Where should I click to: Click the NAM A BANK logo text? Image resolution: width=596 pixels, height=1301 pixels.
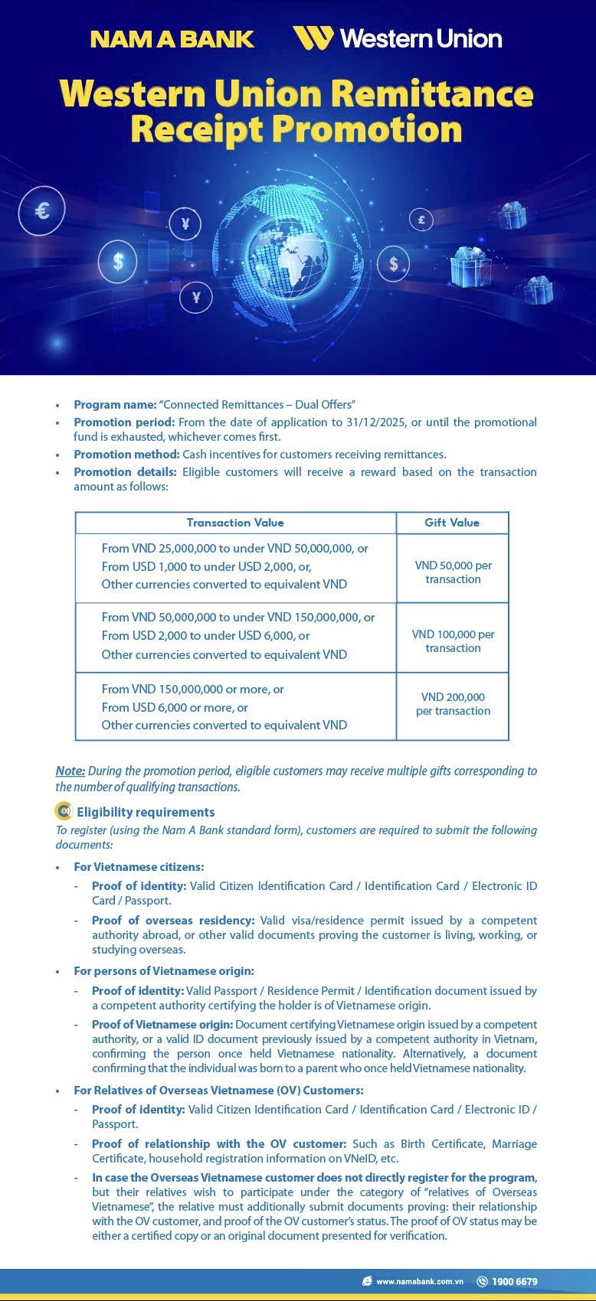pos(172,39)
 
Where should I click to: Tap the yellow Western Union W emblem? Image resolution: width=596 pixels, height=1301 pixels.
pos(313,37)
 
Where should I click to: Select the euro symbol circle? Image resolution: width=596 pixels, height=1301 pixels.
pos(43,209)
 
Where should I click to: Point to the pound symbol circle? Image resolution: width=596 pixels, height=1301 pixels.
pos(421,220)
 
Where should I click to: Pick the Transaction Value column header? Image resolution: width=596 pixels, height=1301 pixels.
pos(235,523)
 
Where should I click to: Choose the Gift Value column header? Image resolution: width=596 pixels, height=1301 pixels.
pos(452,523)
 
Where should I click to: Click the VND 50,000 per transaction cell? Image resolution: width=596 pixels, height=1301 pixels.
pos(453,572)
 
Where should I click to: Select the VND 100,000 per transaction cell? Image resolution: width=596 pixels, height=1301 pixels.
pos(453,641)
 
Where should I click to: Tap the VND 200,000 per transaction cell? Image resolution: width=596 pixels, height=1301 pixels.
pos(453,703)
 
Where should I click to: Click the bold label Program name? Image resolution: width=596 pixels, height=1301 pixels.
pos(115,404)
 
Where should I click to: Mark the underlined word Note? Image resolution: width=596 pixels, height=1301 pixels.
pos(70,771)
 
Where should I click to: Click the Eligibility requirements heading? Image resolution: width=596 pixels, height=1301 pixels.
pos(146,812)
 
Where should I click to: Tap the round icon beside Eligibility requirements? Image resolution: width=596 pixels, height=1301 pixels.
pos(64,811)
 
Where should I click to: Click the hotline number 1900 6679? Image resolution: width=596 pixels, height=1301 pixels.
pos(514,1281)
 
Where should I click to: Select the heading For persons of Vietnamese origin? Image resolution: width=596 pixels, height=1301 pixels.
pos(163,970)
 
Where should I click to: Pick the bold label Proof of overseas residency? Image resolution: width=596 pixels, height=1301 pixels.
pos(173,920)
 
